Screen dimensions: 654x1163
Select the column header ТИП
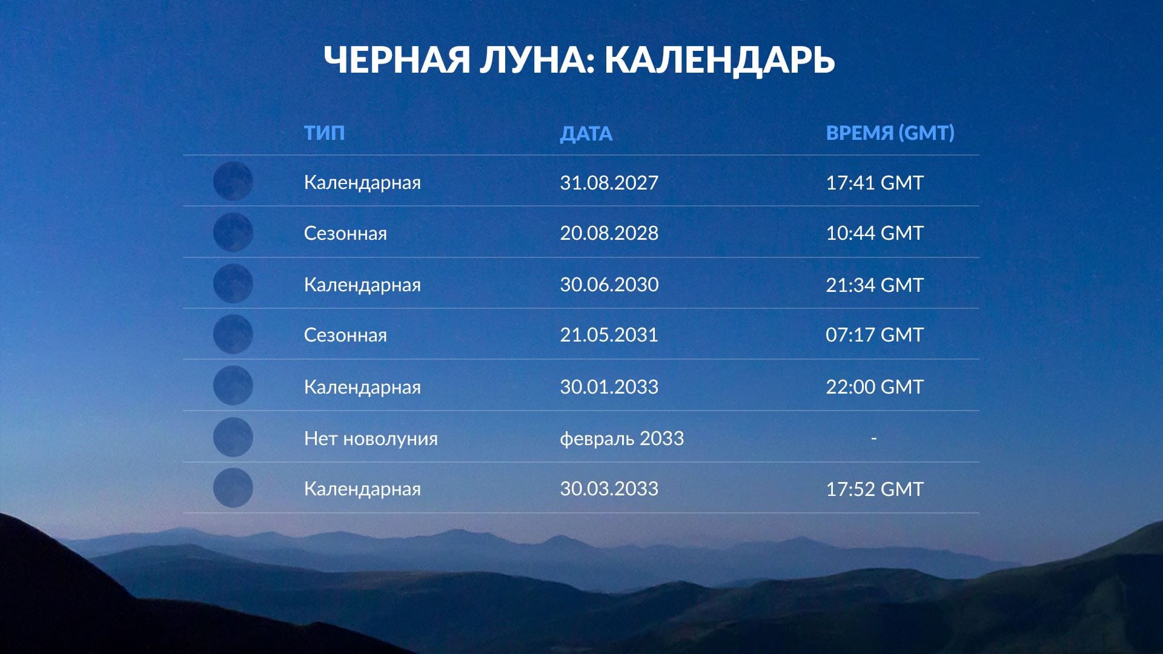click(x=324, y=133)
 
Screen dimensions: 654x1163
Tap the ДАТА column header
click(x=586, y=133)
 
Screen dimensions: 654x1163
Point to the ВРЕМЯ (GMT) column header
click(x=890, y=133)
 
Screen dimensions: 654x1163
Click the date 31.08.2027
click(x=609, y=182)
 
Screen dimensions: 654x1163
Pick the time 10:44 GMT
click(x=874, y=233)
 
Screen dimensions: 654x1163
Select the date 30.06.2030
click(x=609, y=285)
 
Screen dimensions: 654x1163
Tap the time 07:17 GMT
click(x=874, y=335)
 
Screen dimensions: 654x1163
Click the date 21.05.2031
click(x=609, y=335)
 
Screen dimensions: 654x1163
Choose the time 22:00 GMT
click(x=874, y=386)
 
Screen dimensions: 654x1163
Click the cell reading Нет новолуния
click(x=371, y=438)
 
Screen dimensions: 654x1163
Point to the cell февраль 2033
click(x=621, y=438)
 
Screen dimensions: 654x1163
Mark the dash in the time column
click(x=873, y=438)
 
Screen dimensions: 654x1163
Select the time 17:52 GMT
click(x=874, y=489)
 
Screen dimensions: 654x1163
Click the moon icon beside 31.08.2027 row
click(x=233, y=181)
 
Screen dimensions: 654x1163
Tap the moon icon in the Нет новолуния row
click(x=233, y=437)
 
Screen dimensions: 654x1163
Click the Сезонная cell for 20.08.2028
click(x=345, y=233)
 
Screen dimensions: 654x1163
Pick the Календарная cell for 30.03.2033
click(x=362, y=489)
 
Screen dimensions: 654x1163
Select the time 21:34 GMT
click(x=874, y=285)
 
